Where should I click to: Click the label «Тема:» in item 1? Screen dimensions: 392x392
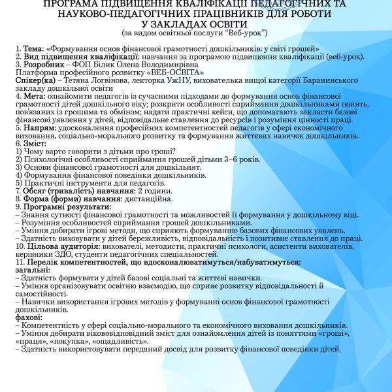pyautogui.click(x=32, y=49)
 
